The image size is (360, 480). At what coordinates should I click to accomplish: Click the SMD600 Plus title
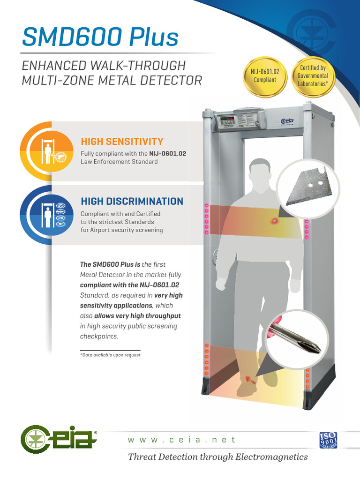pyautogui.click(x=100, y=37)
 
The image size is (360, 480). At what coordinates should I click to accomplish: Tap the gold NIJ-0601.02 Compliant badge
pyautogui.click(x=265, y=76)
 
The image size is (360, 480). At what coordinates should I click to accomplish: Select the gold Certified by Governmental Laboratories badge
pyautogui.click(x=313, y=75)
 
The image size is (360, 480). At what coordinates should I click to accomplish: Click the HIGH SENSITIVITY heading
pyautogui.click(x=122, y=142)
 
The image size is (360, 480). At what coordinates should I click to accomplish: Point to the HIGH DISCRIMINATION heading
pyautogui.click(x=132, y=201)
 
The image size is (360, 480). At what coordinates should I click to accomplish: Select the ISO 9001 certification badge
pyautogui.click(x=328, y=440)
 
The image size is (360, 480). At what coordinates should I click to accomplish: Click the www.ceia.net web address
pyautogui.click(x=182, y=440)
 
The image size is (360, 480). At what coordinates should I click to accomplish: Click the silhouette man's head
pyautogui.click(x=260, y=173)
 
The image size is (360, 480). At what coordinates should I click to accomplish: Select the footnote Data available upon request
pyautogui.click(x=111, y=355)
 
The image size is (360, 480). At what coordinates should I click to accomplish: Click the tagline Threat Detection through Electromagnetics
pyautogui.click(x=217, y=457)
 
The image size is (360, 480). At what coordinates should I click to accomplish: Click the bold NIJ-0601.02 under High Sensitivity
pyautogui.click(x=168, y=153)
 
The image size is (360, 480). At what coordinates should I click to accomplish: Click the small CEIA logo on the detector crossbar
pyautogui.click(x=287, y=122)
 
